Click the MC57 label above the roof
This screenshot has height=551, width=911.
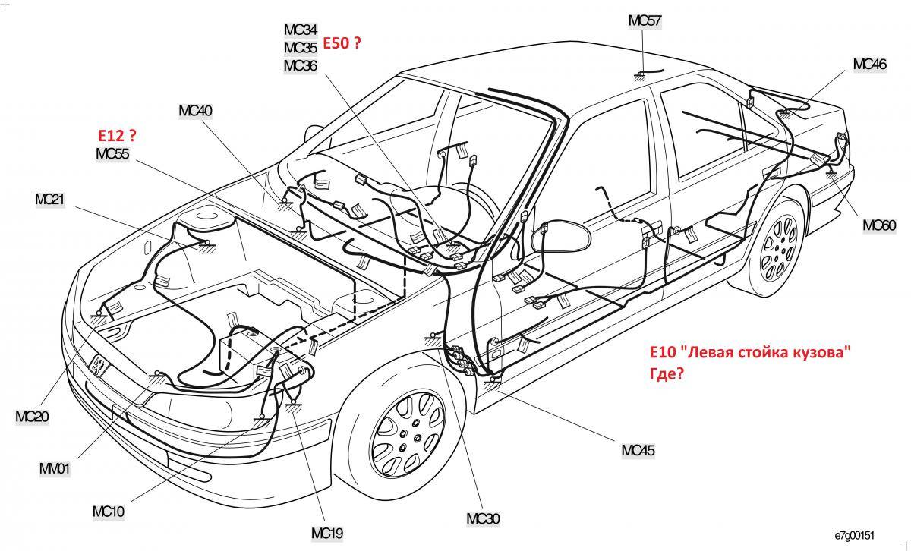click(644, 20)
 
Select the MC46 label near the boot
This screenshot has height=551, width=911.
click(869, 65)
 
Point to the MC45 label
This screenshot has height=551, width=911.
click(638, 450)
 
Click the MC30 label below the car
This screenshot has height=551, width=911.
click(483, 519)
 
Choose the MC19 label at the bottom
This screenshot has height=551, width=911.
click(327, 534)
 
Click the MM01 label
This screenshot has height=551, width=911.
click(54, 469)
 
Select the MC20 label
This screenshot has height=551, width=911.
click(32, 416)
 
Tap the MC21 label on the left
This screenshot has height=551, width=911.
click(51, 200)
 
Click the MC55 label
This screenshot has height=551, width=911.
click(112, 154)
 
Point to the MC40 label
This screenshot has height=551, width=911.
click(195, 111)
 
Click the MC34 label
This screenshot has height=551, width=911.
click(301, 30)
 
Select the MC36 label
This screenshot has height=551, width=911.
click(301, 65)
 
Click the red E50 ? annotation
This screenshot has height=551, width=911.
click(342, 44)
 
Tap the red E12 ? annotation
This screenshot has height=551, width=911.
click(116, 136)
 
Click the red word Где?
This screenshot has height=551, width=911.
click(667, 374)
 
